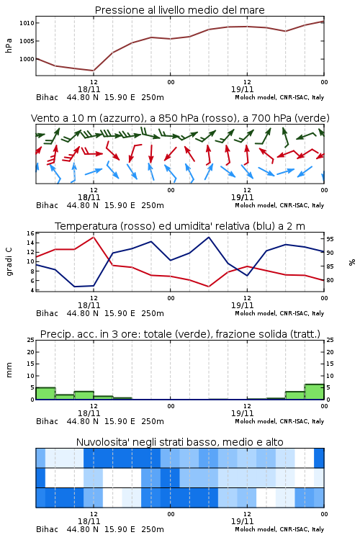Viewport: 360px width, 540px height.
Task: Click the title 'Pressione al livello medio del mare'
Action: (x=179, y=10)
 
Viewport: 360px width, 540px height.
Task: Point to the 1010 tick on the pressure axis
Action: (x=27, y=23)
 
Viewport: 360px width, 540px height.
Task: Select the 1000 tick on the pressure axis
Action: (x=27, y=59)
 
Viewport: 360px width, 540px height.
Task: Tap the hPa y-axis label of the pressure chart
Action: (x=9, y=45)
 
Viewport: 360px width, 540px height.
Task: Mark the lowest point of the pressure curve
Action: (x=94, y=71)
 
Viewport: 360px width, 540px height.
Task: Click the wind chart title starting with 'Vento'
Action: (x=180, y=118)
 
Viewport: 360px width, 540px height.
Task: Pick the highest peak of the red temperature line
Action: (x=94, y=237)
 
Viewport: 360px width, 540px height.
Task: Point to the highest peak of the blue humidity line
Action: (x=208, y=237)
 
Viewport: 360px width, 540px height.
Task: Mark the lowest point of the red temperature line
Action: (x=208, y=287)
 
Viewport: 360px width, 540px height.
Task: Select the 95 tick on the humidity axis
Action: (x=330, y=239)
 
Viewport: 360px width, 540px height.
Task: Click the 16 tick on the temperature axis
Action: (x=30, y=233)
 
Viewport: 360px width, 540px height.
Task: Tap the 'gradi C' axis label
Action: (x=9, y=261)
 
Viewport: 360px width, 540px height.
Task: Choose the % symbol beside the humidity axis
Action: (x=352, y=262)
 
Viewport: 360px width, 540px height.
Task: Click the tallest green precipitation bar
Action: (x=314, y=392)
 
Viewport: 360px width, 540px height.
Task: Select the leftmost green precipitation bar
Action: (x=46, y=394)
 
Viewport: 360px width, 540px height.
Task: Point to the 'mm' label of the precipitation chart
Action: (x=9, y=370)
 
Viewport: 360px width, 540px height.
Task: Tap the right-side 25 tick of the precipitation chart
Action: (x=330, y=340)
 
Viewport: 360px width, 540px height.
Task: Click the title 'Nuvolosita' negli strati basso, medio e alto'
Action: (x=179, y=442)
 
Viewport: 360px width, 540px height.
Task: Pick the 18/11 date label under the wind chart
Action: (x=89, y=197)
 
